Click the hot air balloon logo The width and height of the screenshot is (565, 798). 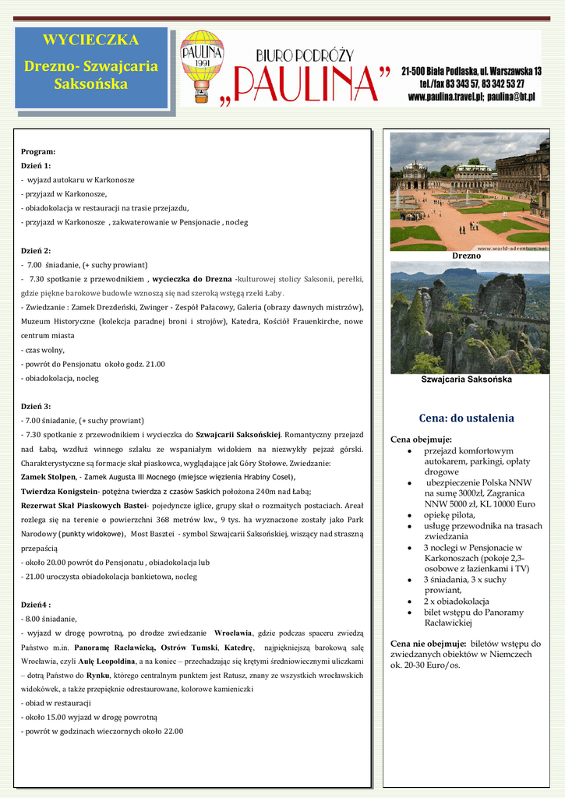(202, 66)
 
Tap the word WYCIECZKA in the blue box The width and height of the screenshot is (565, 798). (90, 40)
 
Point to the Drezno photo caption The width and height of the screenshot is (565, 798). (466, 256)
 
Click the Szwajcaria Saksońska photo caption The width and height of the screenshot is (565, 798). (466, 380)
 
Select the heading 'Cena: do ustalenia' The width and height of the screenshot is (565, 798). (466, 418)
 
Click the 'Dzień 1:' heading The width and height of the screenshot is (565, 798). (36, 166)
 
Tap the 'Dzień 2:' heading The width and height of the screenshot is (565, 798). (36, 251)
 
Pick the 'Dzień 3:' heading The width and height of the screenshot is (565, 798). (36, 406)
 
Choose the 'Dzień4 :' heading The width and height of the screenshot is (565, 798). (36, 604)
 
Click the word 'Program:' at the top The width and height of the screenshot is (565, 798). (38, 151)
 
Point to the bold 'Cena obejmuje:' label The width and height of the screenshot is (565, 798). (421, 440)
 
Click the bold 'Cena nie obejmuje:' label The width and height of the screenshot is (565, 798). (428, 644)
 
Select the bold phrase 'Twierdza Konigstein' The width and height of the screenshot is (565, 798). (58, 491)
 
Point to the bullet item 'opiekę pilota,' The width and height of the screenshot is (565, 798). (449, 515)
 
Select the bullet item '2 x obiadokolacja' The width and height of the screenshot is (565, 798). (457, 602)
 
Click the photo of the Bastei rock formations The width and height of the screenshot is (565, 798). (469, 318)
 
